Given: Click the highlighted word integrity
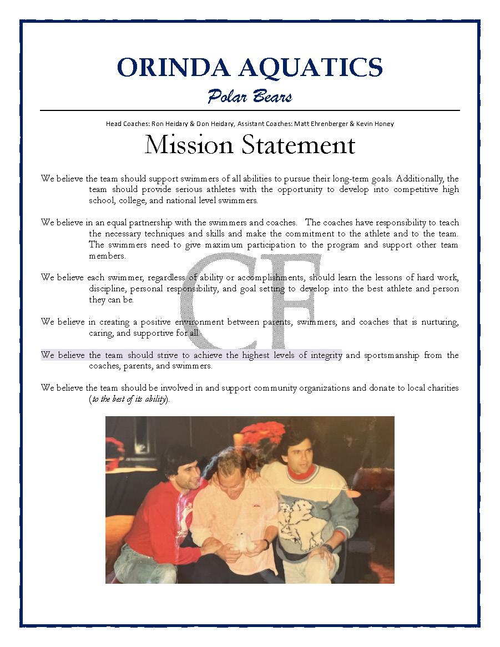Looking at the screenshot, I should pyautogui.click(x=325, y=355).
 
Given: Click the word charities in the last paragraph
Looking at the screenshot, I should pyautogui.click(x=441, y=388).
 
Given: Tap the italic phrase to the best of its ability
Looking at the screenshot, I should pyautogui.click(x=128, y=399).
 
